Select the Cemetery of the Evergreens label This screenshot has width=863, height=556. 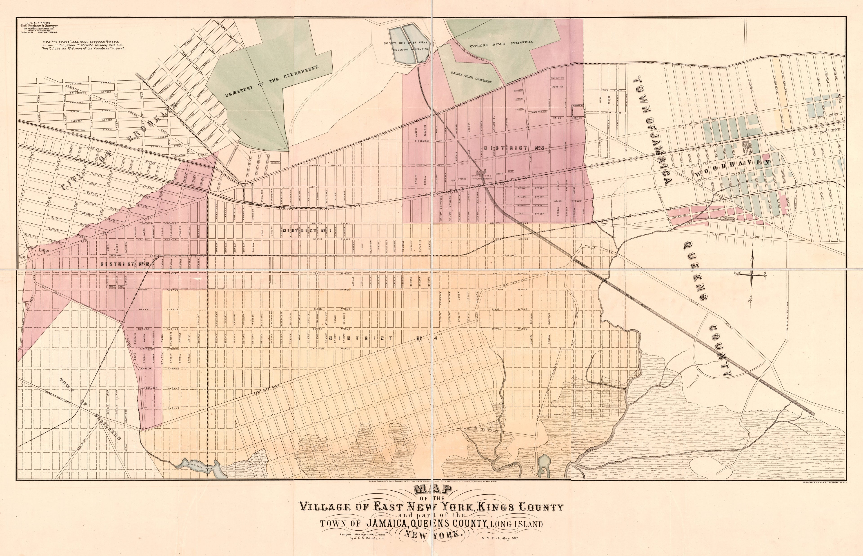click(271, 81)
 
